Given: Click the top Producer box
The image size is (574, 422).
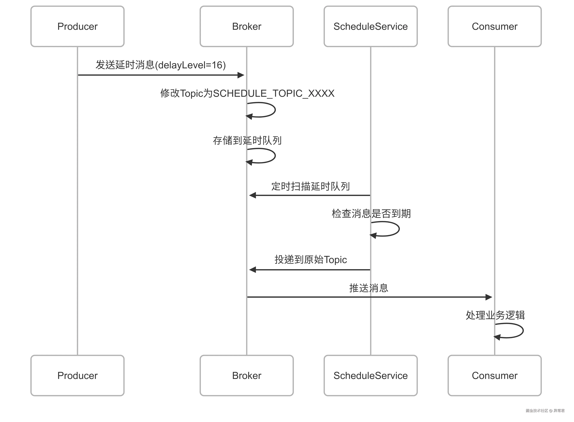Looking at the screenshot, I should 77,26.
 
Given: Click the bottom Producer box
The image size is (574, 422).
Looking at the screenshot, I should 77,375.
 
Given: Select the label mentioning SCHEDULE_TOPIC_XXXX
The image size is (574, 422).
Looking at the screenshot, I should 247,93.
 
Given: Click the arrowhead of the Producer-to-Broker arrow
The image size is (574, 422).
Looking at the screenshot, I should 241,75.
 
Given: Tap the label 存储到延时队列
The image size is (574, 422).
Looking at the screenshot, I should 247,140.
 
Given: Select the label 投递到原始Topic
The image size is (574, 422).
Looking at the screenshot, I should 310,260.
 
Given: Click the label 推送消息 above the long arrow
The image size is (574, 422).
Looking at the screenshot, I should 368,288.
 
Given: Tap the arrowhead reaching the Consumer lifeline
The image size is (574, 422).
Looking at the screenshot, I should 489,297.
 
